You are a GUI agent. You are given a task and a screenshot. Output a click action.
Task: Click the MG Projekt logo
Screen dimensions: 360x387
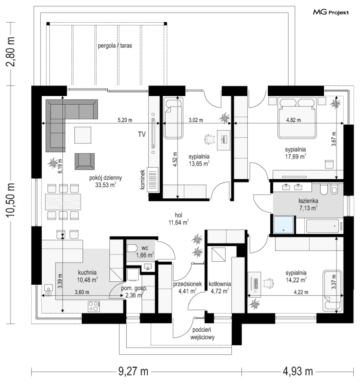[331, 12]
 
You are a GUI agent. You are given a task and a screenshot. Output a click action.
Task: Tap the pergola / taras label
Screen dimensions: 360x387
[115, 46]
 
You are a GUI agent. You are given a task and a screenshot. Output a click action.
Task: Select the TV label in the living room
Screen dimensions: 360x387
[142, 134]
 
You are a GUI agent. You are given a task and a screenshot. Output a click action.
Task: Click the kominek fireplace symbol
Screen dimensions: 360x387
[153, 179]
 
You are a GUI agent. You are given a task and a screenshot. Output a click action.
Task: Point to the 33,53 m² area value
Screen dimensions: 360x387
[106, 185]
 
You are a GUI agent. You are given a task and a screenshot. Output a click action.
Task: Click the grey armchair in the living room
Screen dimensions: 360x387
[85, 161]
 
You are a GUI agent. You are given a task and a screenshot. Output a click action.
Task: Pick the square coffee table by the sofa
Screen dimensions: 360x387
[83, 135]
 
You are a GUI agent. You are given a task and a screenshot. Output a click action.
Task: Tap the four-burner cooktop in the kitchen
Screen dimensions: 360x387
[94, 306]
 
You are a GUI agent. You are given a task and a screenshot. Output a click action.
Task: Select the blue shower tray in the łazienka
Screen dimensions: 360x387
[283, 224]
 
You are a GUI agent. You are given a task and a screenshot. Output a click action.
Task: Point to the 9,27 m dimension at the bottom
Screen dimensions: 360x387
[133, 371]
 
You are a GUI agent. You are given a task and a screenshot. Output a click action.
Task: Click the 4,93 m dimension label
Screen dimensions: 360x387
[298, 371]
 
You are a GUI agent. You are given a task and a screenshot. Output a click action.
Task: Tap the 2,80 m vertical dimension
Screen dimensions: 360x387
[11, 51]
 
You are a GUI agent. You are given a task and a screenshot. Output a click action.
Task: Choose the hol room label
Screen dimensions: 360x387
[178, 215]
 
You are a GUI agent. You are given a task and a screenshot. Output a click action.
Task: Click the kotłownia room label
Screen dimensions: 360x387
[220, 284]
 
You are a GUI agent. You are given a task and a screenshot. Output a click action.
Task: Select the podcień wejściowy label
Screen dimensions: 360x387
[202, 333]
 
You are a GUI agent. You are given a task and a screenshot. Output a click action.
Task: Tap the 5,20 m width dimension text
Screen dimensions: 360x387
[125, 120]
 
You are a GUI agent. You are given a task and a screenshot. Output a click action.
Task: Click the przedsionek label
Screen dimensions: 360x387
[188, 284]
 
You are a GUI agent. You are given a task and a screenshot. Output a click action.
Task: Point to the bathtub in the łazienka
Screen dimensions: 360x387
[323, 226]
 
